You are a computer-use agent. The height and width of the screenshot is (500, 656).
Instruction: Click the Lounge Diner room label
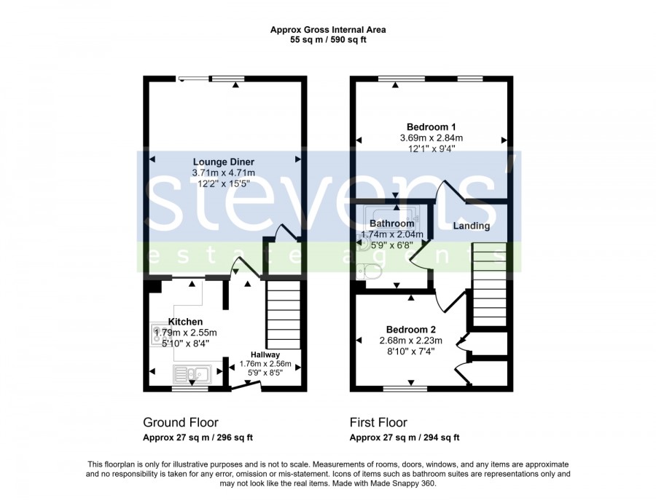pyautogui.click(x=224, y=162)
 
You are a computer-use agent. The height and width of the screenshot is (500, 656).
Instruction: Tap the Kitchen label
pyautogui.click(x=185, y=322)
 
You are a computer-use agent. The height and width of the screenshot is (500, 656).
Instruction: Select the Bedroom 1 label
pyautogui.click(x=432, y=127)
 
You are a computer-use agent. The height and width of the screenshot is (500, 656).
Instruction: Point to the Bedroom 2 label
pyautogui.click(x=411, y=330)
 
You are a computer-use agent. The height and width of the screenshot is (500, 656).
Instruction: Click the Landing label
pyautogui.click(x=472, y=226)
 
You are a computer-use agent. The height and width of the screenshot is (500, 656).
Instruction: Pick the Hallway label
pyautogui.click(x=265, y=354)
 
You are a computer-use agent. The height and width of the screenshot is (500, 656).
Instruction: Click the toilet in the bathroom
pyautogui.click(x=369, y=272)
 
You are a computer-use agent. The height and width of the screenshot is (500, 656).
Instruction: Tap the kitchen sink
pyautogui.click(x=192, y=373)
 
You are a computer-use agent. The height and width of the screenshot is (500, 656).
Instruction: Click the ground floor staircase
pyautogui.click(x=284, y=314)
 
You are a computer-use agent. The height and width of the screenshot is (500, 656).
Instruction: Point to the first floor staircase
pyautogui.click(x=489, y=284)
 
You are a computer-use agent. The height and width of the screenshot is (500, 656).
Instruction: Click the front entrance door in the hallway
pyautogui.click(x=246, y=386)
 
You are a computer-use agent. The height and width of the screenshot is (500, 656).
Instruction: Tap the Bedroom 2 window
pyautogui.click(x=405, y=389)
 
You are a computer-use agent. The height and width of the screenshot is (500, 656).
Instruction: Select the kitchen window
pyautogui.click(x=190, y=389)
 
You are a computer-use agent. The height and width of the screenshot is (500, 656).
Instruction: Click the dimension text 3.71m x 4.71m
pyautogui.click(x=224, y=173)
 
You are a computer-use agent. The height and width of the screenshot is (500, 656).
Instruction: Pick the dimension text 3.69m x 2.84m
pyautogui.click(x=432, y=138)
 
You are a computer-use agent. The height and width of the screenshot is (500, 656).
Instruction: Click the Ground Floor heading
pyautogui.click(x=181, y=422)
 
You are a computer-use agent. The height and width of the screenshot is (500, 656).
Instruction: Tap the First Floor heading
pyautogui.click(x=378, y=422)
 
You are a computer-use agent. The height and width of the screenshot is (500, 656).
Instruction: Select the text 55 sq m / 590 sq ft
pyautogui.click(x=328, y=40)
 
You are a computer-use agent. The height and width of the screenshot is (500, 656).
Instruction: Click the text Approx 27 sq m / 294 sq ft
pyautogui.click(x=405, y=437)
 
